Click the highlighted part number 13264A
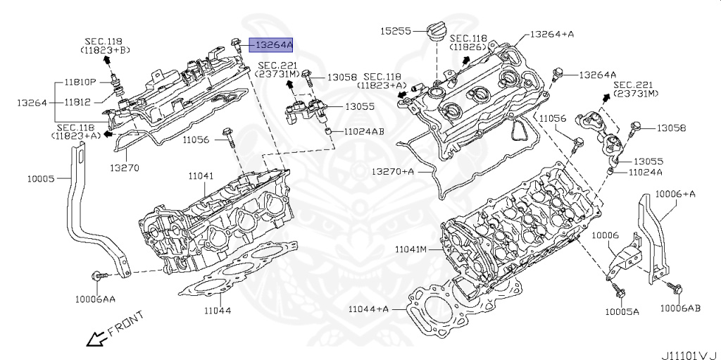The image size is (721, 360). pos(273,45)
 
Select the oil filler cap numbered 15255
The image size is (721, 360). pos(434,34)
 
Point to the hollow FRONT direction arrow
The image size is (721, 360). pos(94,339)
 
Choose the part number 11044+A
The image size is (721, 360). pos(368,309)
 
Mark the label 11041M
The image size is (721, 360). pos(411,249)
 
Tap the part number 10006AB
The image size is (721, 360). pos(680,308)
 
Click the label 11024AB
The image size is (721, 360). pos(364,132)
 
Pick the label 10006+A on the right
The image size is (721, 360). pos(675,193)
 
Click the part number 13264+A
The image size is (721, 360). pos(552,33)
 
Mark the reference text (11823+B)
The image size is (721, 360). pos(104,51)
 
